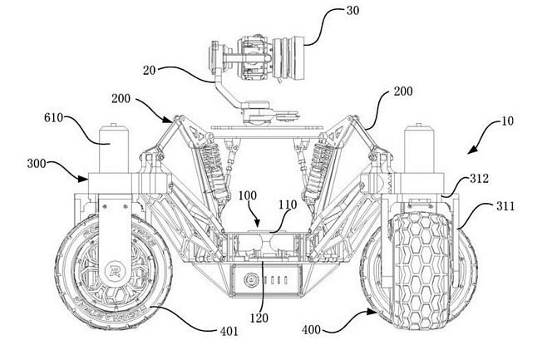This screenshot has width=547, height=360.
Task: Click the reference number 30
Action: [352, 11]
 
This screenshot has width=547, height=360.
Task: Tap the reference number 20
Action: [149, 71]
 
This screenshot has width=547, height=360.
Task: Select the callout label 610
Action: [54, 118]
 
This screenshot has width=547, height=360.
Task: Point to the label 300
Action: [37, 164]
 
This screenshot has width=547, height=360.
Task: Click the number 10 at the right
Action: [508, 121]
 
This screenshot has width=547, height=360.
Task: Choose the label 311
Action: [505, 206]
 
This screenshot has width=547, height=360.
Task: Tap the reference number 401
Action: [229, 331]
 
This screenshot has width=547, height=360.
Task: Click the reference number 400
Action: [312, 329]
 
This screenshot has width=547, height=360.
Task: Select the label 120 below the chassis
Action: [259, 318]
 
